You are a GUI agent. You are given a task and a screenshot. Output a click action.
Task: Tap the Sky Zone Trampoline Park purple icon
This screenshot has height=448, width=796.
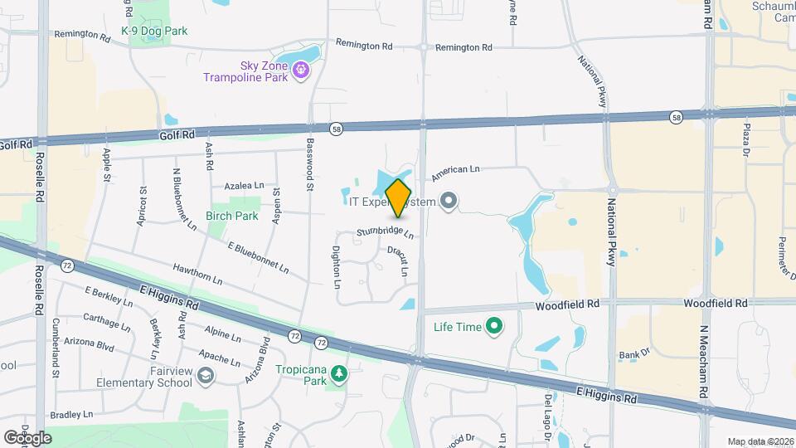[300, 71]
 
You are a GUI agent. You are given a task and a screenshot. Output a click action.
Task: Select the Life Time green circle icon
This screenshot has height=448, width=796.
[495, 326]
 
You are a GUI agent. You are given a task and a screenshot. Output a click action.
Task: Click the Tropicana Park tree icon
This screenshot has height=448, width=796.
[338, 375]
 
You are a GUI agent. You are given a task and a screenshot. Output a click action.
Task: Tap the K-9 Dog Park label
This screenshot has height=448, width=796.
[154, 32]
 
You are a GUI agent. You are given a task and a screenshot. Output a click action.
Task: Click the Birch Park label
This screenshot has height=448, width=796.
[232, 216]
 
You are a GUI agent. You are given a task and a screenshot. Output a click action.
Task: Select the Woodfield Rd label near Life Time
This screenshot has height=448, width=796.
[567, 304]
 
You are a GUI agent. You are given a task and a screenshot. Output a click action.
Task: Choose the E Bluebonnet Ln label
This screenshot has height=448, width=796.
[258, 257]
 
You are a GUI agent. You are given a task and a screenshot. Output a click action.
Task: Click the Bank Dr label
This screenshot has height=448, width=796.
[634, 355]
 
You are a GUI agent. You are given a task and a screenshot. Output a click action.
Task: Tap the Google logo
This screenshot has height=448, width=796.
[27, 437]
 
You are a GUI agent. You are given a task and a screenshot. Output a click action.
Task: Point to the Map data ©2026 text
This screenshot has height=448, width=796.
[760, 441]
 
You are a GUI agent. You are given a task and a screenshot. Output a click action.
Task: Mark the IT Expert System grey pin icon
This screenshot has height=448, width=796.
[449, 200]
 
